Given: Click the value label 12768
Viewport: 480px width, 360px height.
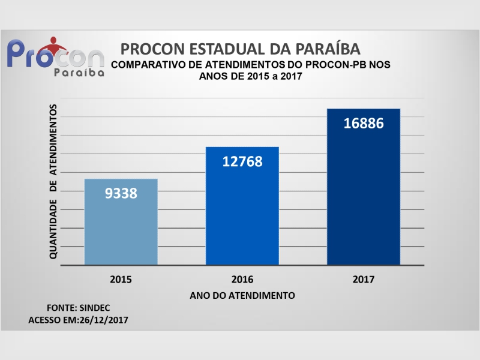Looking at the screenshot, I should click(x=242, y=161).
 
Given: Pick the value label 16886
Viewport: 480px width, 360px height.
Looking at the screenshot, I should click(x=363, y=124).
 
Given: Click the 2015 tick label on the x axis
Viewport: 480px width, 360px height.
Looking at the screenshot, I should click(x=121, y=280).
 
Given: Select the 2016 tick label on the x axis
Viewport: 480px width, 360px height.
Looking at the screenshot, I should click(x=242, y=280).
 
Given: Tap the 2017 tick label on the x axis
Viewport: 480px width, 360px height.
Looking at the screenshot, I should click(x=363, y=280).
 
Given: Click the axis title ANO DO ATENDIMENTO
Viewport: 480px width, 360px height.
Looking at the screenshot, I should click(x=242, y=296).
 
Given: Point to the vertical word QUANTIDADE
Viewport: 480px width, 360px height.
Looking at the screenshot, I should click(x=53, y=229).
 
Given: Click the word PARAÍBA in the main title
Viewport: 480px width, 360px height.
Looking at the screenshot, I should click(x=324, y=49).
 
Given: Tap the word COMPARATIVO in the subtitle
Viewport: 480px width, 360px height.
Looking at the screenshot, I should click(x=146, y=64).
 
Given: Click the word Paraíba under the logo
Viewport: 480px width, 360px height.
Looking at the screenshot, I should click(x=79, y=72).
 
